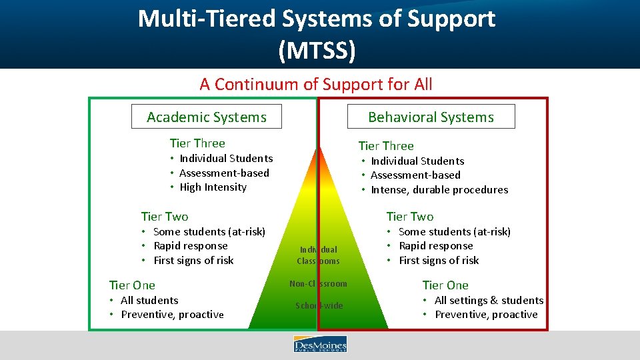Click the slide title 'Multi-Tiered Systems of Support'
[x=317, y=19]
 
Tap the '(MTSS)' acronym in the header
[x=317, y=49]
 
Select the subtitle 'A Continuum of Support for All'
[x=315, y=85]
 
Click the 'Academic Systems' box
[x=206, y=117]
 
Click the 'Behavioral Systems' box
[x=431, y=117]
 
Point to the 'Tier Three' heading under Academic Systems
[x=197, y=143]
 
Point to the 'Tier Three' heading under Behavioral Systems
[x=386, y=146]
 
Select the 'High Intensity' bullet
[x=213, y=187]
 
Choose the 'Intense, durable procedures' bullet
[x=439, y=190]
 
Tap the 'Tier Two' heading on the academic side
[x=165, y=217]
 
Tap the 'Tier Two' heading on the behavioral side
[x=410, y=217]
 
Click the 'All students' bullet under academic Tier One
[x=149, y=301]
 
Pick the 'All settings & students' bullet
[x=489, y=301]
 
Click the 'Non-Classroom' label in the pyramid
[x=318, y=284]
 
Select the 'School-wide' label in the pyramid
[x=319, y=306]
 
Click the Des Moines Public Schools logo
[x=320, y=345]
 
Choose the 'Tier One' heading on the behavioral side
[x=445, y=285]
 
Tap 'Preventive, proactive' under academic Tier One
[x=172, y=315]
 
